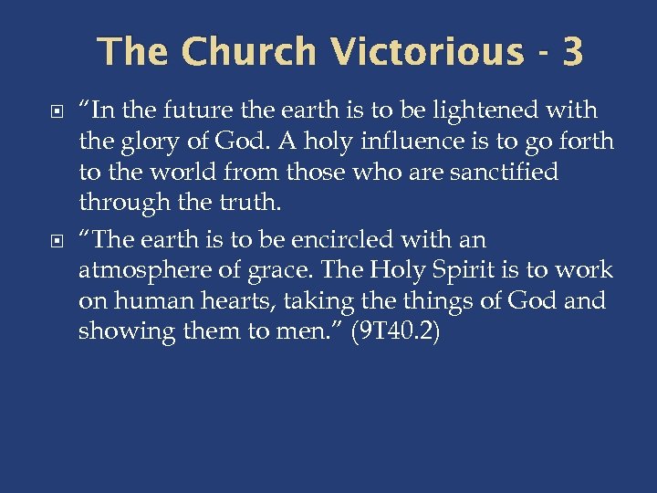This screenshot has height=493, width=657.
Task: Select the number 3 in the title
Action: (x=572, y=52)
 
